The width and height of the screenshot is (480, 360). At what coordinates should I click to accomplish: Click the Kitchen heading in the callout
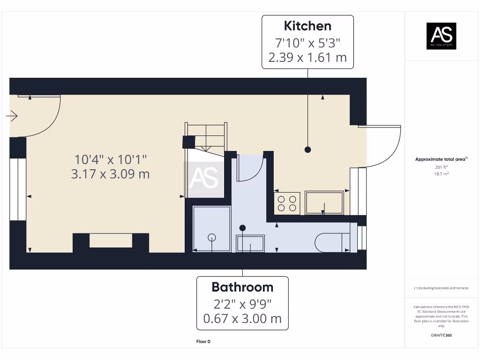[x=307, y=26]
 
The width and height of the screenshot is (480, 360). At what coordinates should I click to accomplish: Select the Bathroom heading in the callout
[x=242, y=287]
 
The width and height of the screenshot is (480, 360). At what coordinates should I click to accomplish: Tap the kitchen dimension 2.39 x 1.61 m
[x=307, y=58]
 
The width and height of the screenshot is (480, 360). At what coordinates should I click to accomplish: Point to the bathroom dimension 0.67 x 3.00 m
[x=242, y=319]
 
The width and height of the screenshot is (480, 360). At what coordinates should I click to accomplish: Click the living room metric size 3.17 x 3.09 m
[x=110, y=174]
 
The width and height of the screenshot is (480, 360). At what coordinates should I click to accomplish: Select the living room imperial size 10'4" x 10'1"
[x=110, y=159]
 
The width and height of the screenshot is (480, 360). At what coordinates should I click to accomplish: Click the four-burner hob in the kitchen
[x=287, y=203]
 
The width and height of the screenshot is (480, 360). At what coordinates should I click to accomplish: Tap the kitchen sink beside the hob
[x=324, y=202]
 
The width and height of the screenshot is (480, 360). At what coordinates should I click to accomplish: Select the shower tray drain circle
[x=212, y=237]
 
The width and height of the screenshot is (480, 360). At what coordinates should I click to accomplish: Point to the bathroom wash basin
[x=250, y=243]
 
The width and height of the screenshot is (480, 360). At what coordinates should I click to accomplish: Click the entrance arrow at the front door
[x=12, y=115]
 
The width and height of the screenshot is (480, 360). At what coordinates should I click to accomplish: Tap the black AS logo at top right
[x=441, y=36]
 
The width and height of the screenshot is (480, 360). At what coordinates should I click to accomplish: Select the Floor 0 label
[x=203, y=342]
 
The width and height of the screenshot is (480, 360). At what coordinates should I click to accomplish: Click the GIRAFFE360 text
[x=441, y=335]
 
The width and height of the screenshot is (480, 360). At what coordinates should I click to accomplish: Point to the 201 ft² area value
[x=441, y=167]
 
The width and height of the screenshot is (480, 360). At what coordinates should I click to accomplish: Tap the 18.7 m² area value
[x=441, y=174]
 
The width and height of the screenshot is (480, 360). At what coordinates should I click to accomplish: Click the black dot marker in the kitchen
[x=307, y=150]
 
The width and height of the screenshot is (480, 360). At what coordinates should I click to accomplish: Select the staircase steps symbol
[x=206, y=136]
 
